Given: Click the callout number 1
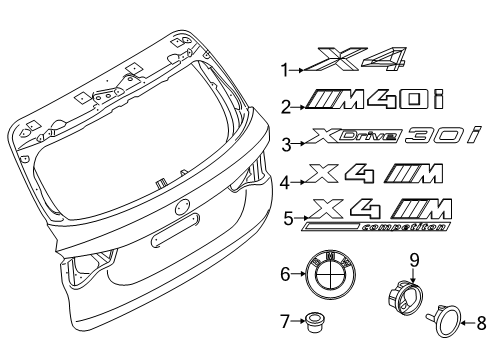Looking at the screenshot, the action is pyautogui.click(x=283, y=70).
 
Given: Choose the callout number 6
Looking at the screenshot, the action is pyautogui.click(x=283, y=273).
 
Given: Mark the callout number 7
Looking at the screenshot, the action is pyautogui.click(x=283, y=322).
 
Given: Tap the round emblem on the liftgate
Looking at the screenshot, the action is pyautogui.click(x=183, y=208).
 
